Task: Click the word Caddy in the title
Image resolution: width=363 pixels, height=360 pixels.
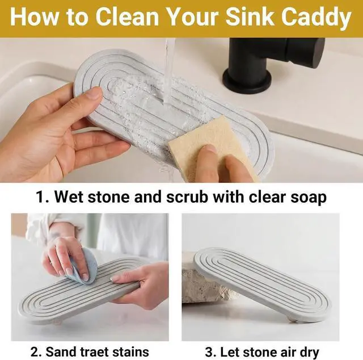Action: tap(316, 18)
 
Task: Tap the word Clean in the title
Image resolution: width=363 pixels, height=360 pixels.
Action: tap(127, 16)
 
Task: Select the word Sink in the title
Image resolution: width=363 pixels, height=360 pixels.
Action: tap(251, 16)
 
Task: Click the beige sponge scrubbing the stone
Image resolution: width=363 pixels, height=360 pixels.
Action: tap(213, 148)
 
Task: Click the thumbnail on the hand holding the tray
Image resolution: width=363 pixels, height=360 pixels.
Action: tap(95, 94)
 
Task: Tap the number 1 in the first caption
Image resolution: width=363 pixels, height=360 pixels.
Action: tap(40, 197)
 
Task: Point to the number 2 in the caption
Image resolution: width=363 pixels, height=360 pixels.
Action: tap(34, 352)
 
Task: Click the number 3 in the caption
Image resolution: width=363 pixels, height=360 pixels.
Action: tap(209, 352)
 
